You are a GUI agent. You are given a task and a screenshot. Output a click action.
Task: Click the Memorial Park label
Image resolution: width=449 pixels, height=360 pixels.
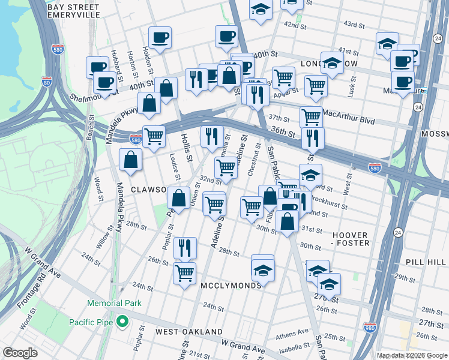coord(114,303)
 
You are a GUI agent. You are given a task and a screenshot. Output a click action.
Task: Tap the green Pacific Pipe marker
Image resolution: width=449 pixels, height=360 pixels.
coord(122,322)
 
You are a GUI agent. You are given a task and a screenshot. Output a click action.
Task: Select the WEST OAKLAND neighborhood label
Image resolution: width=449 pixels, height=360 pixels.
coord(189,332)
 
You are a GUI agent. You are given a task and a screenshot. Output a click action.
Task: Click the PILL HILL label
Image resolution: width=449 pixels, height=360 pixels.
coord(426,262)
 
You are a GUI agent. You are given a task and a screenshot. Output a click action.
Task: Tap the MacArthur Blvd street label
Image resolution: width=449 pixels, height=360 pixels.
coord(349,116)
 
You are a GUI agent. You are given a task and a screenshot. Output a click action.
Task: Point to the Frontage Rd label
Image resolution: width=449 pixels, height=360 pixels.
coord(28,295)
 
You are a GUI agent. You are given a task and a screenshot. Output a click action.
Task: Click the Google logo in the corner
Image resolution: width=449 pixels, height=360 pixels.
coord(20,353)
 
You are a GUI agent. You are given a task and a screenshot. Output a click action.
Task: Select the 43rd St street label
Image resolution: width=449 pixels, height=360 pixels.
coord(354,25)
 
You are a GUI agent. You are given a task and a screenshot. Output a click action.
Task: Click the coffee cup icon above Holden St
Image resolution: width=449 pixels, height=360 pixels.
coord(160,38)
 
